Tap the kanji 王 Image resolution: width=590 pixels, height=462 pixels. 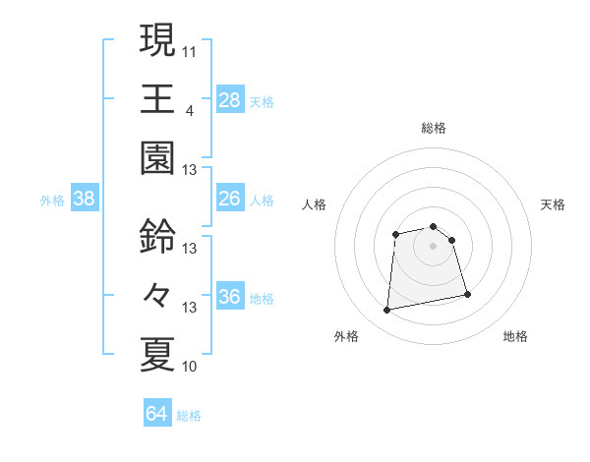157,98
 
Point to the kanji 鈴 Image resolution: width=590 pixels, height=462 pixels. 157,236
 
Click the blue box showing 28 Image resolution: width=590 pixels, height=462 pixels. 230,99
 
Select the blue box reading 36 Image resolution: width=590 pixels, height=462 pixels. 230,297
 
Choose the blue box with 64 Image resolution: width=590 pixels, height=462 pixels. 156,415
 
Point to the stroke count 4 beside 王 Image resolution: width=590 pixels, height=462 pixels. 188,108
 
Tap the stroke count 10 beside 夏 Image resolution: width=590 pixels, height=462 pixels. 190,367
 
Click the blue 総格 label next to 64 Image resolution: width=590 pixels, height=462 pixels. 189,416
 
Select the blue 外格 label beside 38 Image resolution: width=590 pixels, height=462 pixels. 52,201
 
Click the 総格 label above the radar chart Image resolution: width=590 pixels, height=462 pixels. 434,128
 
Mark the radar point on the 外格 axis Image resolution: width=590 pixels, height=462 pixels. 387,311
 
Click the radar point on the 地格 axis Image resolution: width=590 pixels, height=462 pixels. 467,294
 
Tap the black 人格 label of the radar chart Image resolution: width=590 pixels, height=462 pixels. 314,204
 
